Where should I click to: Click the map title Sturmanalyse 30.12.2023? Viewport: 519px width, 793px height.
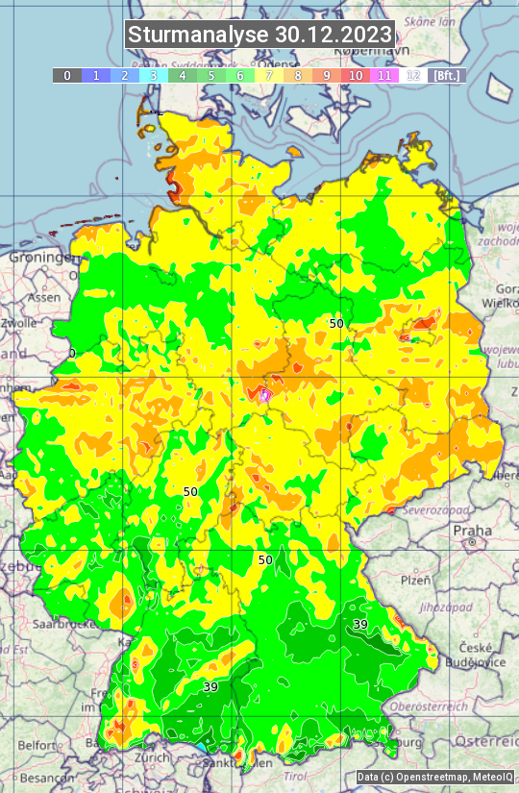point(259,35)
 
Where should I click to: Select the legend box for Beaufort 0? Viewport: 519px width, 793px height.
point(67,75)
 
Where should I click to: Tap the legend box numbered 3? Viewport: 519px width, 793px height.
point(154,75)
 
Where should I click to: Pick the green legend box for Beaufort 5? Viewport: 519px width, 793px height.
point(211,75)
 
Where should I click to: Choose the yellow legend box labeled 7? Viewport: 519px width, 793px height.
point(269,75)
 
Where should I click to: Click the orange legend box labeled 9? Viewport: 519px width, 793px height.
point(327,75)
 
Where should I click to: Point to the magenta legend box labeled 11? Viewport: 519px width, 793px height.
point(384,75)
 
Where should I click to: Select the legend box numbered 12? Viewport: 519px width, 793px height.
point(413,75)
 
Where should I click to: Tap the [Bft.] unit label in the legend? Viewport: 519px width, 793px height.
point(447,75)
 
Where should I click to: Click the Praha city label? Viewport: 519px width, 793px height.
point(472,530)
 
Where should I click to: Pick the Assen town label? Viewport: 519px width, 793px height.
point(43,298)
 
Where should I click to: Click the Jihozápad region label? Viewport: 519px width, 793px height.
point(423,607)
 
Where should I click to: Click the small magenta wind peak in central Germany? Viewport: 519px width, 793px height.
point(265,393)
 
